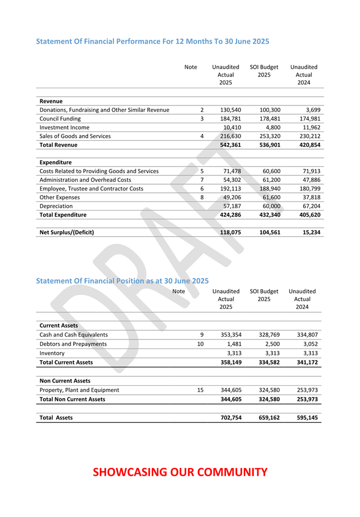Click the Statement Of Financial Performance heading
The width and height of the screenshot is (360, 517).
[x=152, y=41]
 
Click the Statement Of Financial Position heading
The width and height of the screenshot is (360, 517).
[x=122, y=281]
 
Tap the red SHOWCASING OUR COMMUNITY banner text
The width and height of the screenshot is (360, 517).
[x=180, y=472]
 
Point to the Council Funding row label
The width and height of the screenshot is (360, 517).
[x=60, y=118]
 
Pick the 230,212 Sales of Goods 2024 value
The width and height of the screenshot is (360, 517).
[x=309, y=136]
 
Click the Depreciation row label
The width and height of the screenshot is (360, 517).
[x=56, y=206]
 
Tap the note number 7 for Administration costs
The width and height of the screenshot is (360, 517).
[x=201, y=180]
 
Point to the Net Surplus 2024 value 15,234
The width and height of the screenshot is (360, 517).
[x=310, y=232]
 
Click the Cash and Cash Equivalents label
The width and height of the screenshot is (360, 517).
[x=74, y=335]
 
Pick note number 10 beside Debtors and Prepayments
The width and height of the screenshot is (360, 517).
[x=200, y=344]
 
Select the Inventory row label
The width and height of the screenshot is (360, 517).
[x=52, y=353]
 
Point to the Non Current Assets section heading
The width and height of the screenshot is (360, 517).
[x=65, y=381]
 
